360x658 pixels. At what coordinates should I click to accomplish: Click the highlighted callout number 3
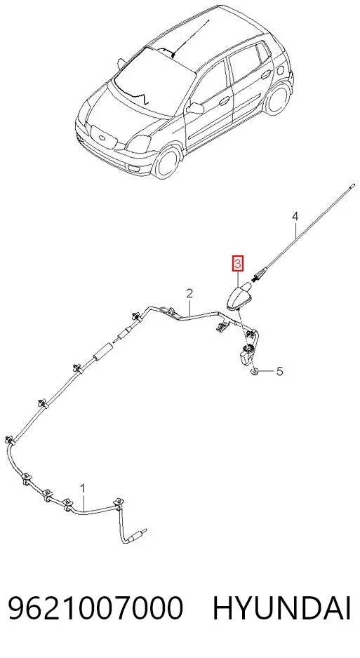pos(237,264)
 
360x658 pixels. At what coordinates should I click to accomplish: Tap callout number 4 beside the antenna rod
pos(295,217)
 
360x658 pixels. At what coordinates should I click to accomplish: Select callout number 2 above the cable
pos(189,293)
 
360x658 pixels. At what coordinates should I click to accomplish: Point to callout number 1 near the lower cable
pos(83,488)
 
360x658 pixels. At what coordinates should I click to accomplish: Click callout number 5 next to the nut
pos(279,371)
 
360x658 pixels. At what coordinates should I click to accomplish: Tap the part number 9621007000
pos(95,608)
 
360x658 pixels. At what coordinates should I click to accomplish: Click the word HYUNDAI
pos(281,608)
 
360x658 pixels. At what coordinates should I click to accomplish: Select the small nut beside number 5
pos(254,372)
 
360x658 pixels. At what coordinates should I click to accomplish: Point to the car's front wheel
pos(168,161)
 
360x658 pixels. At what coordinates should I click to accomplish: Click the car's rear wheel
pos(278,99)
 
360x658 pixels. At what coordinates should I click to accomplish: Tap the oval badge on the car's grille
pos(101,138)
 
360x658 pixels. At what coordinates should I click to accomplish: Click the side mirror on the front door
pos(194,108)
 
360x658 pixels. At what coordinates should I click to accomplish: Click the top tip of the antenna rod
pos(353,184)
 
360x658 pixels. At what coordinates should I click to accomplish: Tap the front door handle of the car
pos(225,101)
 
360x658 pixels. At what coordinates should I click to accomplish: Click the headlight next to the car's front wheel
pos(139,145)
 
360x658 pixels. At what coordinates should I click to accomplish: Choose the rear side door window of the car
pos(244,63)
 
